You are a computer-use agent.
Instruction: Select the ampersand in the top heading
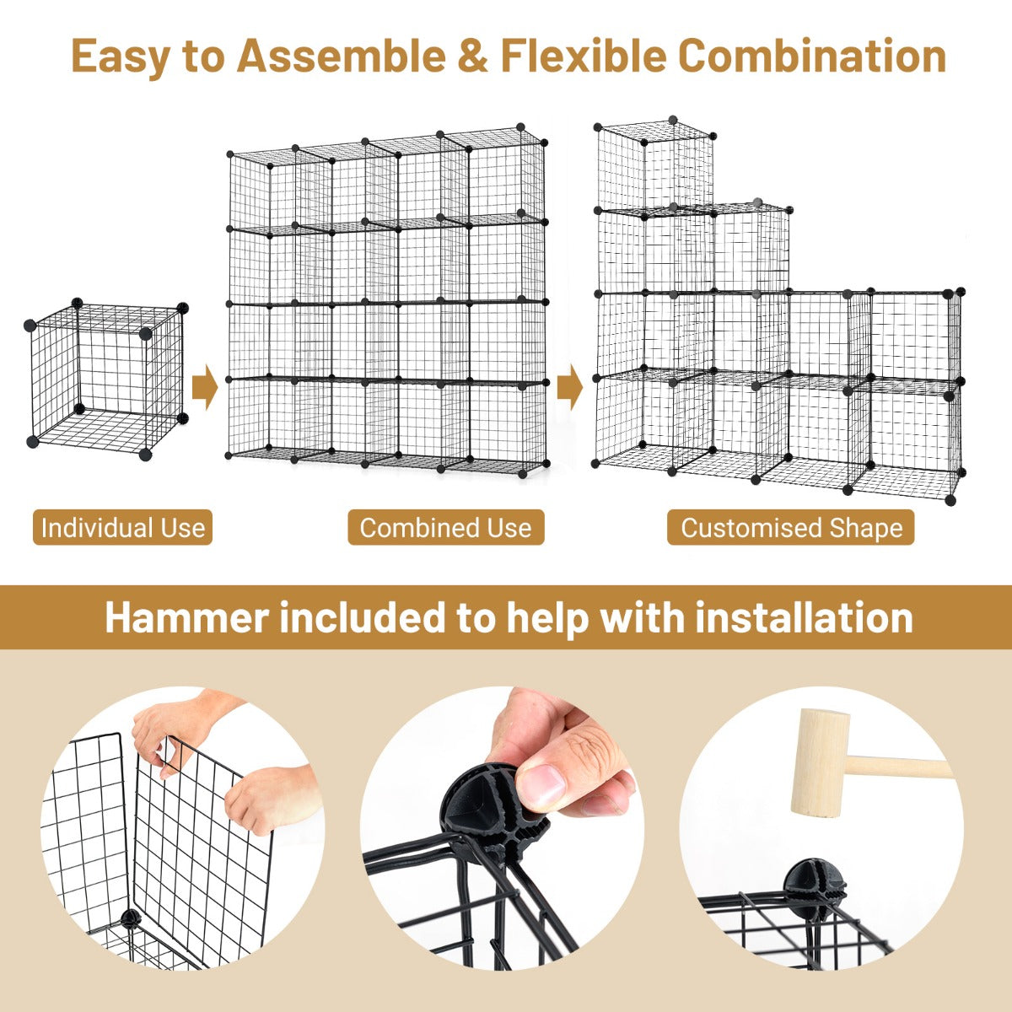(472, 56)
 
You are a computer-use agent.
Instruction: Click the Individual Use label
(123, 527)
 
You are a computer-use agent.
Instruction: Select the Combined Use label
(446, 527)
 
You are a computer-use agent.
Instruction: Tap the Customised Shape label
(791, 527)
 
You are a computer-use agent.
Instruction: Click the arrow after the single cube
(204, 387)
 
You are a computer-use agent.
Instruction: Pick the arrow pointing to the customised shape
(570, 387)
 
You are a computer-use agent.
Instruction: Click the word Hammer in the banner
(187, 617)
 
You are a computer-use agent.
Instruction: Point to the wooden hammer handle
(898, 767)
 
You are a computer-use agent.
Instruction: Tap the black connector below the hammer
(815, 884)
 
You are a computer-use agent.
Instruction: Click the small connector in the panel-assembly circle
(131, 918)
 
